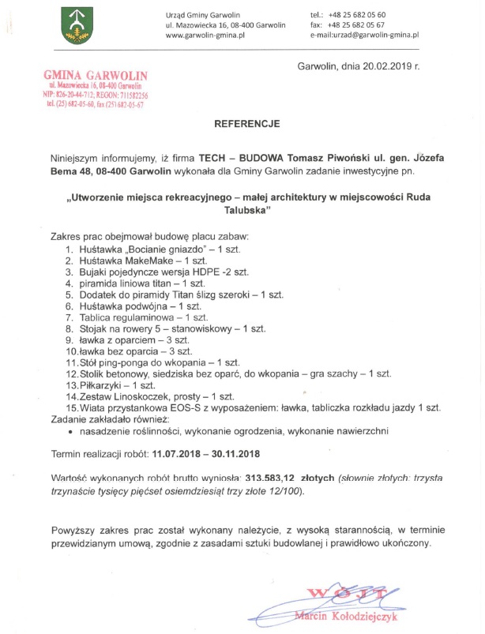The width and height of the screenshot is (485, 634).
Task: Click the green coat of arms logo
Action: pyautogui.click(x=77, y=24)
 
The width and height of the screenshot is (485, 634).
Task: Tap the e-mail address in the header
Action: pyautogui.click(x=364, y=36)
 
